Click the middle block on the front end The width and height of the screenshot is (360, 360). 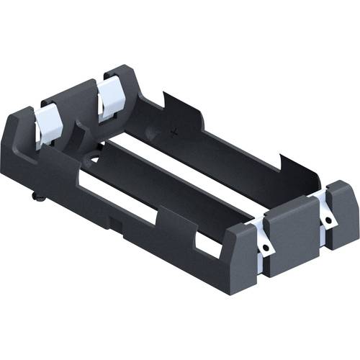coord(292,234)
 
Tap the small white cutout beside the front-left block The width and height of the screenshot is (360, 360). coord(209,247)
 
